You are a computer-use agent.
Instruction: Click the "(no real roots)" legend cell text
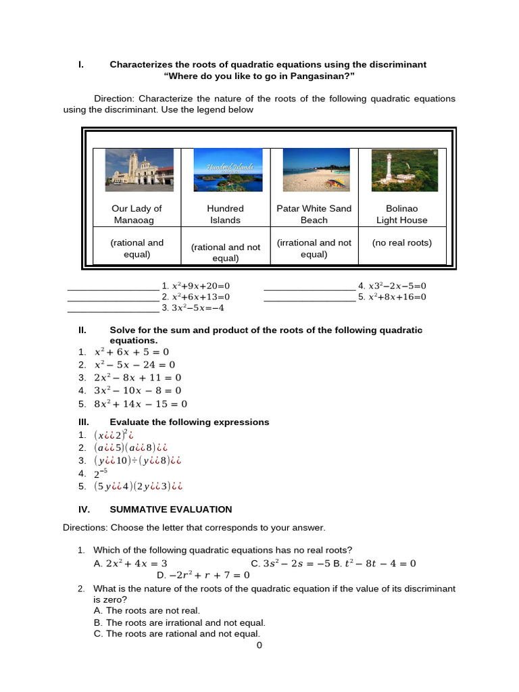point(401,243)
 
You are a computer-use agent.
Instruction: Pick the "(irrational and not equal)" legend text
point(314,248)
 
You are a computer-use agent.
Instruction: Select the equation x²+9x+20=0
point(201,286)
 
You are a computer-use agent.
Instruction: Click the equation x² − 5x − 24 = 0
point(134,365)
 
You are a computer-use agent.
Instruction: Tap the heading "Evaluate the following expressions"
point(189,422)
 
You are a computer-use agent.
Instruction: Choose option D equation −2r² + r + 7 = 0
point(203,575)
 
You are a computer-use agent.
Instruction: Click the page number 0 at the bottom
point(259,645)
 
